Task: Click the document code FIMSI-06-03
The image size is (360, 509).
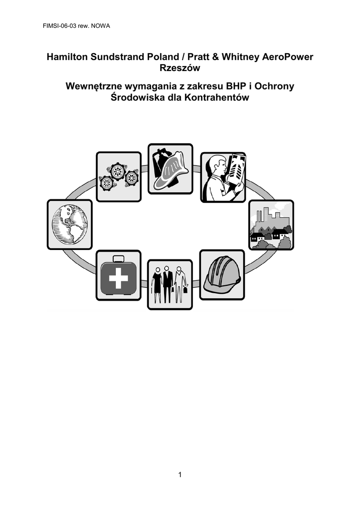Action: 60,26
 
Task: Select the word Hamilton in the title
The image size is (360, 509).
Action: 67,57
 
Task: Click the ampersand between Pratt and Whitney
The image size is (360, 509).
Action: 215,57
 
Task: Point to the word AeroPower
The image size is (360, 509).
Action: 287,57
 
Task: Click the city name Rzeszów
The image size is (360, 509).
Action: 180,68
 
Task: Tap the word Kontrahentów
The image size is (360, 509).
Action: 216,97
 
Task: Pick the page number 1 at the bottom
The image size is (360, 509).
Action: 180,475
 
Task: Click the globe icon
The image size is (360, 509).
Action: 70,224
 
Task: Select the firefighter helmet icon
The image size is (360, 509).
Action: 170,169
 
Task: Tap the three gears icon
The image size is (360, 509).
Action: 119,176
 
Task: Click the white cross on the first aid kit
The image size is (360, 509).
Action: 118,278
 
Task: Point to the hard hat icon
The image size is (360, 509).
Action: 222,274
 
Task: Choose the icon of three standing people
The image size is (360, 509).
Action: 170,284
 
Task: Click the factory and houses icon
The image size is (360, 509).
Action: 271,225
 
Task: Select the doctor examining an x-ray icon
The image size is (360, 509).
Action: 223,177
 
